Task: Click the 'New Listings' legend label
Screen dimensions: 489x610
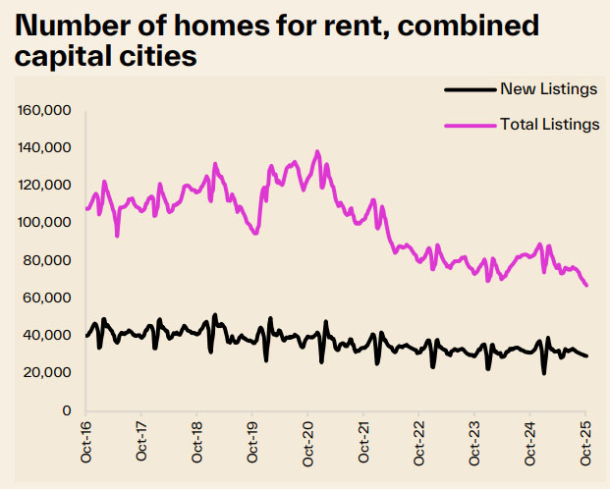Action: [x=548, y=89]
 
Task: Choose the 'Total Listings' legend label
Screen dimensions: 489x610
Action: [x=548, y=124]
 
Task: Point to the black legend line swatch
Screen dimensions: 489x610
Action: [x=470, y=89]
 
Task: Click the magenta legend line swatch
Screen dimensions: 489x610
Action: [x=470, y=124]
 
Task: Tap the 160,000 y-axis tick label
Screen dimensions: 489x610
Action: [x=44, y=110]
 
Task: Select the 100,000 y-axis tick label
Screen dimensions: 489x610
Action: [x=44, y=223]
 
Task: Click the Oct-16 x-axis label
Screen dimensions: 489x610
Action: [x=86, y=439]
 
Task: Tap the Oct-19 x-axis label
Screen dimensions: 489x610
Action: [x=253, y=439]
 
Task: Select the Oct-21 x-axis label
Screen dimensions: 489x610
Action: [x=364, y=439]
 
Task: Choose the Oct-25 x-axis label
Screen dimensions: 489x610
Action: [x=586, y=439]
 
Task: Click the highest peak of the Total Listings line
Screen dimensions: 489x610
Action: [x=317, y=152]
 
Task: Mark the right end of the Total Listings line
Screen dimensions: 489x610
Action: [x=586, y=285]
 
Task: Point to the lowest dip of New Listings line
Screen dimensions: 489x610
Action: [x=543, y=373]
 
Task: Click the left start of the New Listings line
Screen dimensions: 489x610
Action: [x=87, y=336]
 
